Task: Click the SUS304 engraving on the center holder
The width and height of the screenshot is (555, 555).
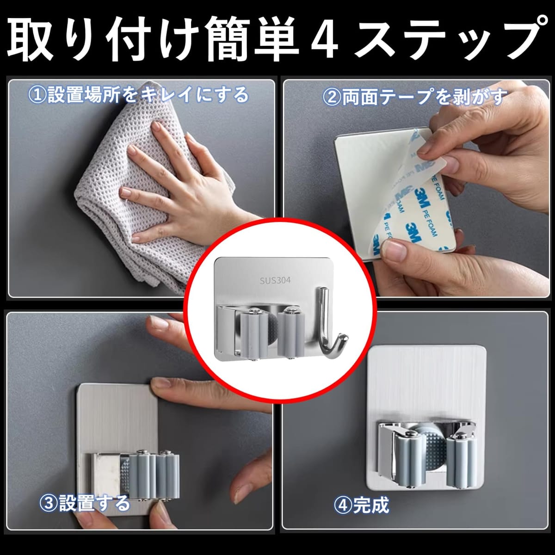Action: [x=275, y=280]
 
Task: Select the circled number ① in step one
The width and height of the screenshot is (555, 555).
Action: [x=37, y=95]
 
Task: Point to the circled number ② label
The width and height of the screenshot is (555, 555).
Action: [x=332, y=97]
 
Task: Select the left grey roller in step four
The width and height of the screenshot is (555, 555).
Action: [x=410, y=458]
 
